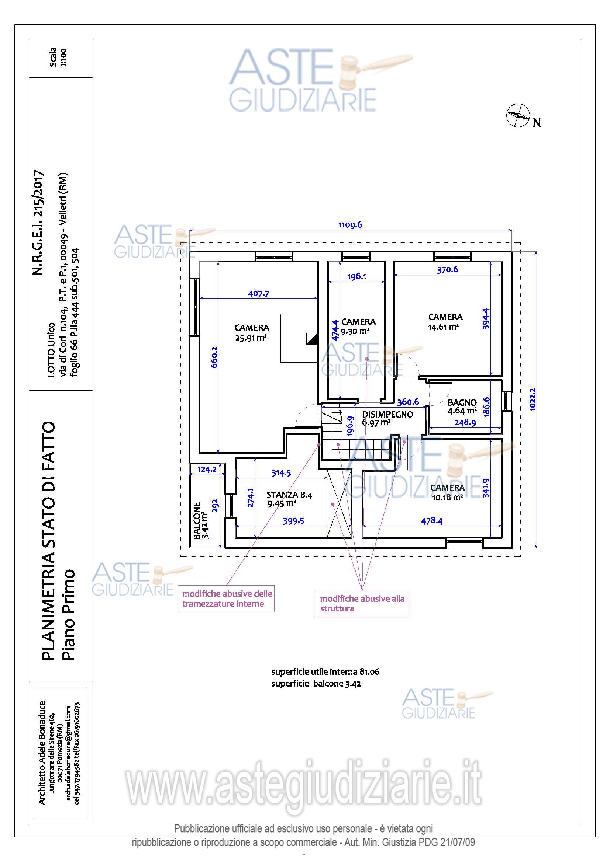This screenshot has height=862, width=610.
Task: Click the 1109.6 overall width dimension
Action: point(350,225)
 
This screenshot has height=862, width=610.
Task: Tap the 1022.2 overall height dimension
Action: point(532,399)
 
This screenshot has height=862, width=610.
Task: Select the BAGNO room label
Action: point(462,402)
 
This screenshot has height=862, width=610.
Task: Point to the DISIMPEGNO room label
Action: point(387,415)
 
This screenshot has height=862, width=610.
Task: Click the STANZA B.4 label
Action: point(289,495)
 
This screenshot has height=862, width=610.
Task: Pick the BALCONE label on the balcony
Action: point(197,521)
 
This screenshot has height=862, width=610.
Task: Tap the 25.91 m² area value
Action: point(251,338)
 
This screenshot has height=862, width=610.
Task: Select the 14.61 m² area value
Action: point(443,327)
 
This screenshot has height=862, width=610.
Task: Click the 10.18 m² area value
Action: point(447,498)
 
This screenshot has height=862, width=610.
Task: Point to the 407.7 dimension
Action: point(259,294)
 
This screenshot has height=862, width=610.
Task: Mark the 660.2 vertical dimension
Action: point(214,357)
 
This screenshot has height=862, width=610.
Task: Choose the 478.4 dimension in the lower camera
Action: point(431,521)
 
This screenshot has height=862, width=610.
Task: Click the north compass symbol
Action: point(518,115)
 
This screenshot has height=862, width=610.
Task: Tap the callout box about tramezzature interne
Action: point(226,598)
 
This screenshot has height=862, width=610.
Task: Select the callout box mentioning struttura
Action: point(362,604)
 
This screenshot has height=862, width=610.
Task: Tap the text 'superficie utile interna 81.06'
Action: point(325,672)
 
